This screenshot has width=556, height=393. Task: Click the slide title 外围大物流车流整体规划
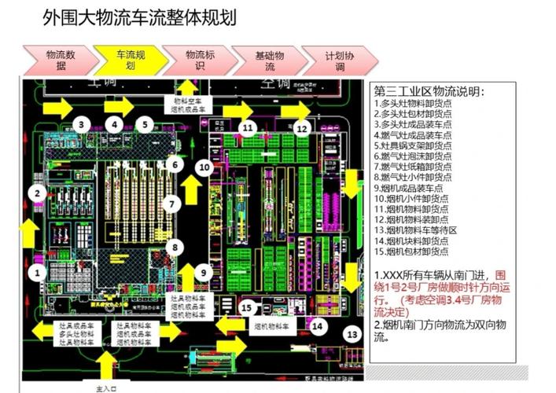[x=139, y=17]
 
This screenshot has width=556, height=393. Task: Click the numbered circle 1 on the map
[x=36, y=272]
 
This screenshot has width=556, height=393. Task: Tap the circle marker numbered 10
[x=204, y=167]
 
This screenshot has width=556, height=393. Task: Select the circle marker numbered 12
[x=303, y=127]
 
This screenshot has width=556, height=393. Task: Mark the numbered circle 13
[x=351, y=333]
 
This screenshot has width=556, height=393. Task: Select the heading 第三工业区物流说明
[x=430, y=92]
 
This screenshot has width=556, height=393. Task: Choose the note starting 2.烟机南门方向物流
[x=438, y=331]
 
